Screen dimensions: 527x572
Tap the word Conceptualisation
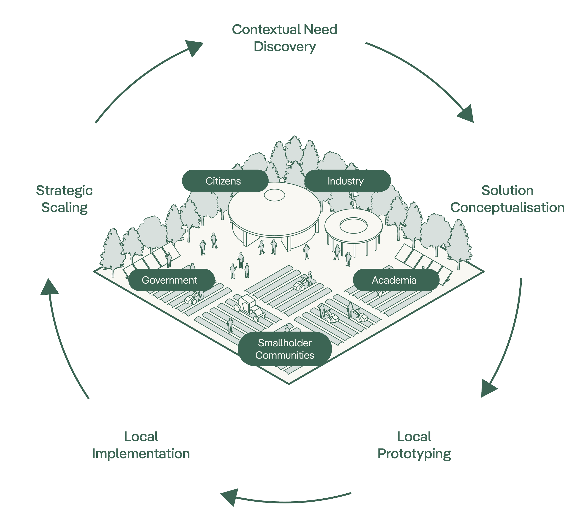tap(507, 208)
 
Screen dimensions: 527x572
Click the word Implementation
tap(141, 454)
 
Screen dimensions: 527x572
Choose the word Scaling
tap(65, 208)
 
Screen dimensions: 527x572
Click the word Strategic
tap(65, 190)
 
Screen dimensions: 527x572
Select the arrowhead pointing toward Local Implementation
tap(230, 497)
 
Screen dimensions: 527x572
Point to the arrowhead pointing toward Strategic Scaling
tap(49, 288)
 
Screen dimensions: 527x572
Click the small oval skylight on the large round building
tap(274, 195)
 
